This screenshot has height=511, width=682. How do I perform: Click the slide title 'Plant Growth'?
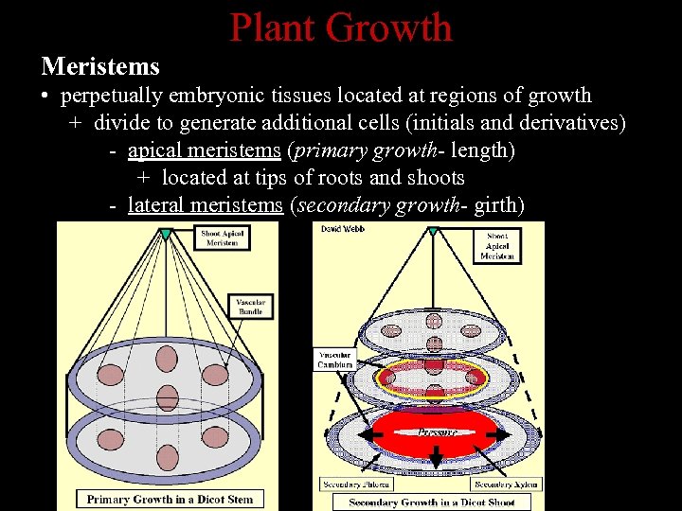341,27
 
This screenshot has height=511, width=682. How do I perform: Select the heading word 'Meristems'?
100,67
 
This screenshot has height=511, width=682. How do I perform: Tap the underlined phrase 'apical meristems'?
204,150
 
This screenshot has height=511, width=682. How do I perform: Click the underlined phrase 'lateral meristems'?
205,204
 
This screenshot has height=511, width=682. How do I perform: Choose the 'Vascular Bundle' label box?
250,306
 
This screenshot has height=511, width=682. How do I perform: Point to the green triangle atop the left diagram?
166,233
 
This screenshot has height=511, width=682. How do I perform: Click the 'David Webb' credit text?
343,230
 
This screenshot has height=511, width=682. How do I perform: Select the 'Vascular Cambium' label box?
335,359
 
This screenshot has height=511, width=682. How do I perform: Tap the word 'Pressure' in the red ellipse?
438,432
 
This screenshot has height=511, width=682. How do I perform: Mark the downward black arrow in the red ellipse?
438,456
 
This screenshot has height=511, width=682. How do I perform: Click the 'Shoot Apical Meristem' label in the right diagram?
498,247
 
